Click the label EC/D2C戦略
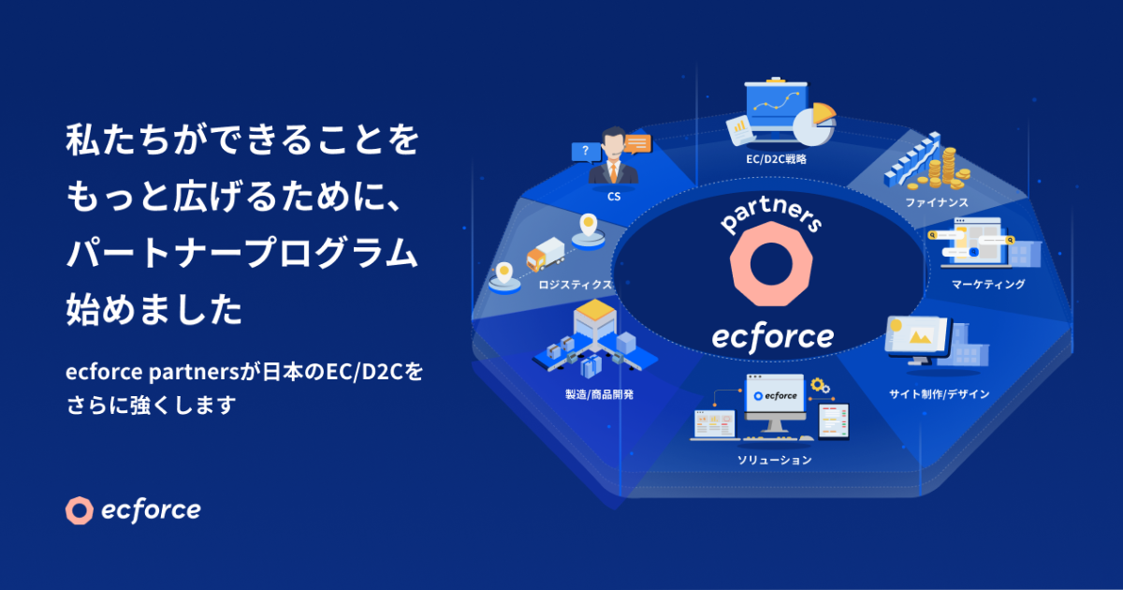(x=777, y=160)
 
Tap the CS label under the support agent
(x=614, y=198)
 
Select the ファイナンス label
(x=936, y=202)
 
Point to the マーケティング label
(x=988, y=284)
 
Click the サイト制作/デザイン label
(x=939, y=394)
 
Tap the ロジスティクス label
(x=576, y=284)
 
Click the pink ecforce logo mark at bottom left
(x=80, y=510)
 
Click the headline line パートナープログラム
(x=240, y=254)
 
